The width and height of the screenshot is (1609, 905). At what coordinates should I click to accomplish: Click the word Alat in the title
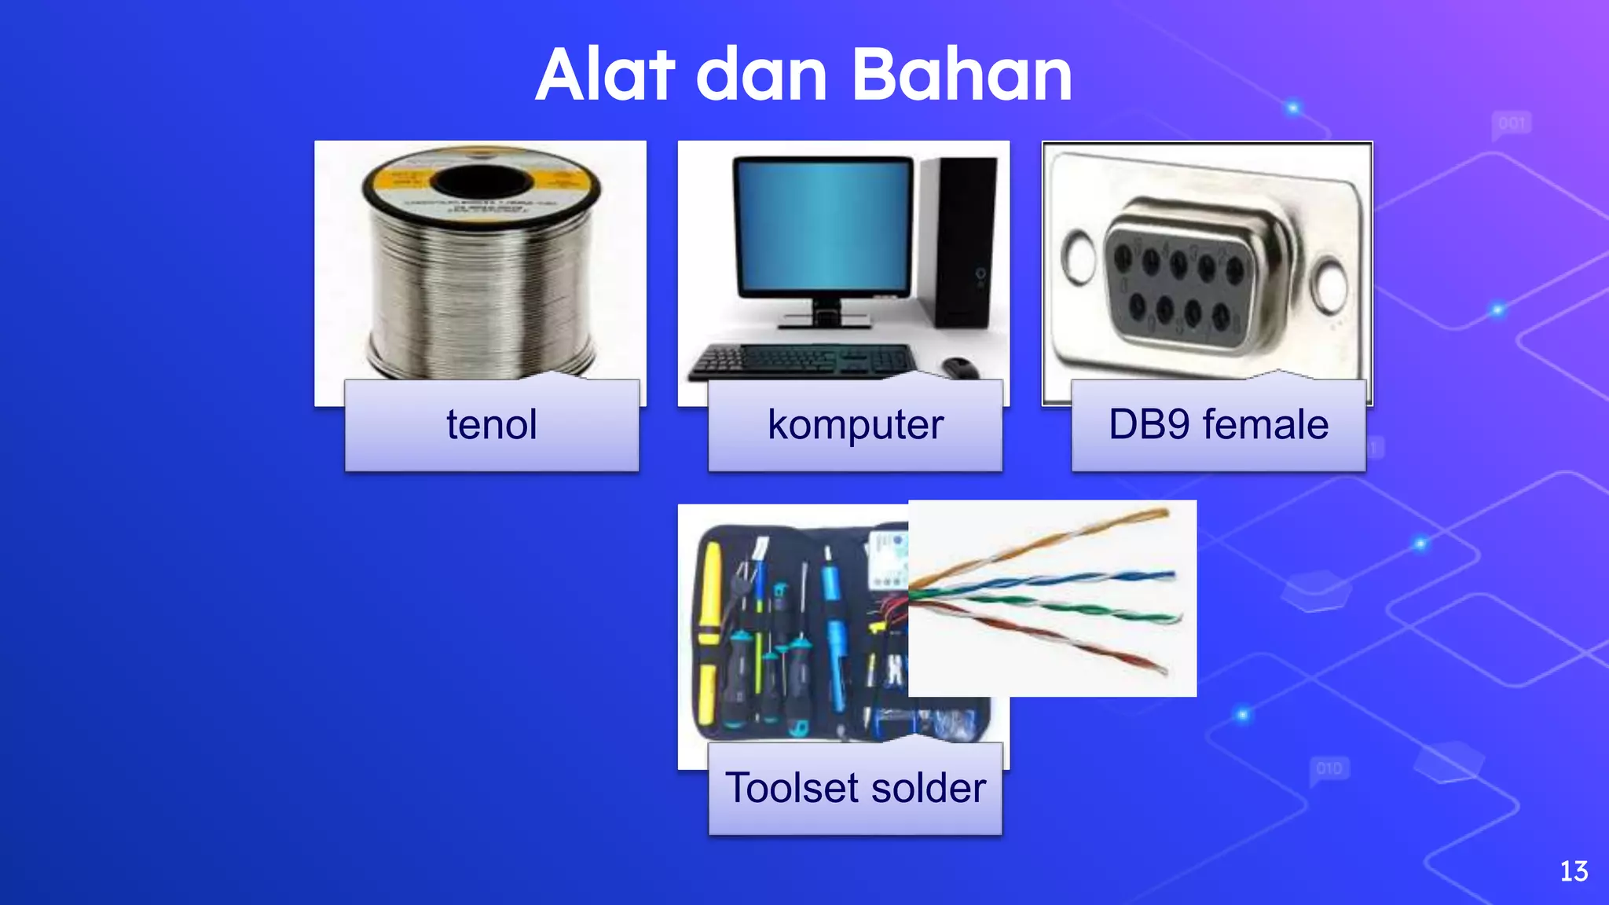coord(605,75)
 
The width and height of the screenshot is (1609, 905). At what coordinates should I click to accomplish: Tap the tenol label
coord(492,425)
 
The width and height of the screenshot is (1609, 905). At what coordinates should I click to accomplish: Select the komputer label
coord(855,425)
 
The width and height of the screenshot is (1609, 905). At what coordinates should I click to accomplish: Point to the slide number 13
coord(1574,871)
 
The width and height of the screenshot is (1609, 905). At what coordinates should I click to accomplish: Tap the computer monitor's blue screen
coord(823,224)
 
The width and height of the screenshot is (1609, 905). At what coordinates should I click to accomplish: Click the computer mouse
coord(959,366)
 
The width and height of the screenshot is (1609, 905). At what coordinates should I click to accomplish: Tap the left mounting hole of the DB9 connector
coord(1079,256)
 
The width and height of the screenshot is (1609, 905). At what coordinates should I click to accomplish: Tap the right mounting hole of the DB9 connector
coord(1330,287)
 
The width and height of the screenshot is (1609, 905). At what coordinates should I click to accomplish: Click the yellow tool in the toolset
coord(709,628)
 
